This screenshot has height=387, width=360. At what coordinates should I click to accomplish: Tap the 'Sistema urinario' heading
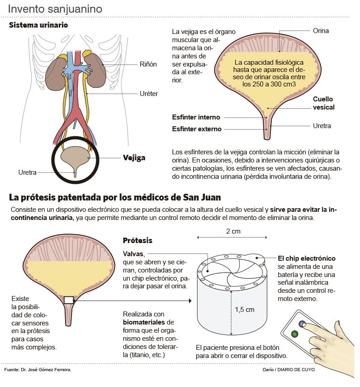coord(38,25)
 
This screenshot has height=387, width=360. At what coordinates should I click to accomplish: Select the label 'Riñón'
coord(148,65)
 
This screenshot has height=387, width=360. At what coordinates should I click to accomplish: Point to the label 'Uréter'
coord(149,94)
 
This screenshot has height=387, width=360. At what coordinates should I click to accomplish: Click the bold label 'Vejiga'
coord(134,158)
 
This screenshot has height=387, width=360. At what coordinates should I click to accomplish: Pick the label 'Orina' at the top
coord(321,31)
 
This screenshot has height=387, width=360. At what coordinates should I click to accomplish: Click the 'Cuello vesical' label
coord(324,103)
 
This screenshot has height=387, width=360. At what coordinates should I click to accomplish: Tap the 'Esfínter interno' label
coord(196,117)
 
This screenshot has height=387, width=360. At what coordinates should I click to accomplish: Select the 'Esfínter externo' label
coord(197,129)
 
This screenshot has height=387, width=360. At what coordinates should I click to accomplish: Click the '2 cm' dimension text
coord(233,231)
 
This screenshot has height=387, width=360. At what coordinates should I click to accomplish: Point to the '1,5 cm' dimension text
coord(245,310)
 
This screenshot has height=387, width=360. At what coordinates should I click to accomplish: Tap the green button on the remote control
coord(295,334)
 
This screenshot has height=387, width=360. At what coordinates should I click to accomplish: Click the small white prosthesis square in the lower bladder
coord(69,300)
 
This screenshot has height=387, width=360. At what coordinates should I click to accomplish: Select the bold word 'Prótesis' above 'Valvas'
coord(137,240)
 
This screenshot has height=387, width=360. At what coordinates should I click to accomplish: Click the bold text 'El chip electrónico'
coord(307,258)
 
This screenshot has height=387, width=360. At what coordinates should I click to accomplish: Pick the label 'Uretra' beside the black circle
coord(27,172)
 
